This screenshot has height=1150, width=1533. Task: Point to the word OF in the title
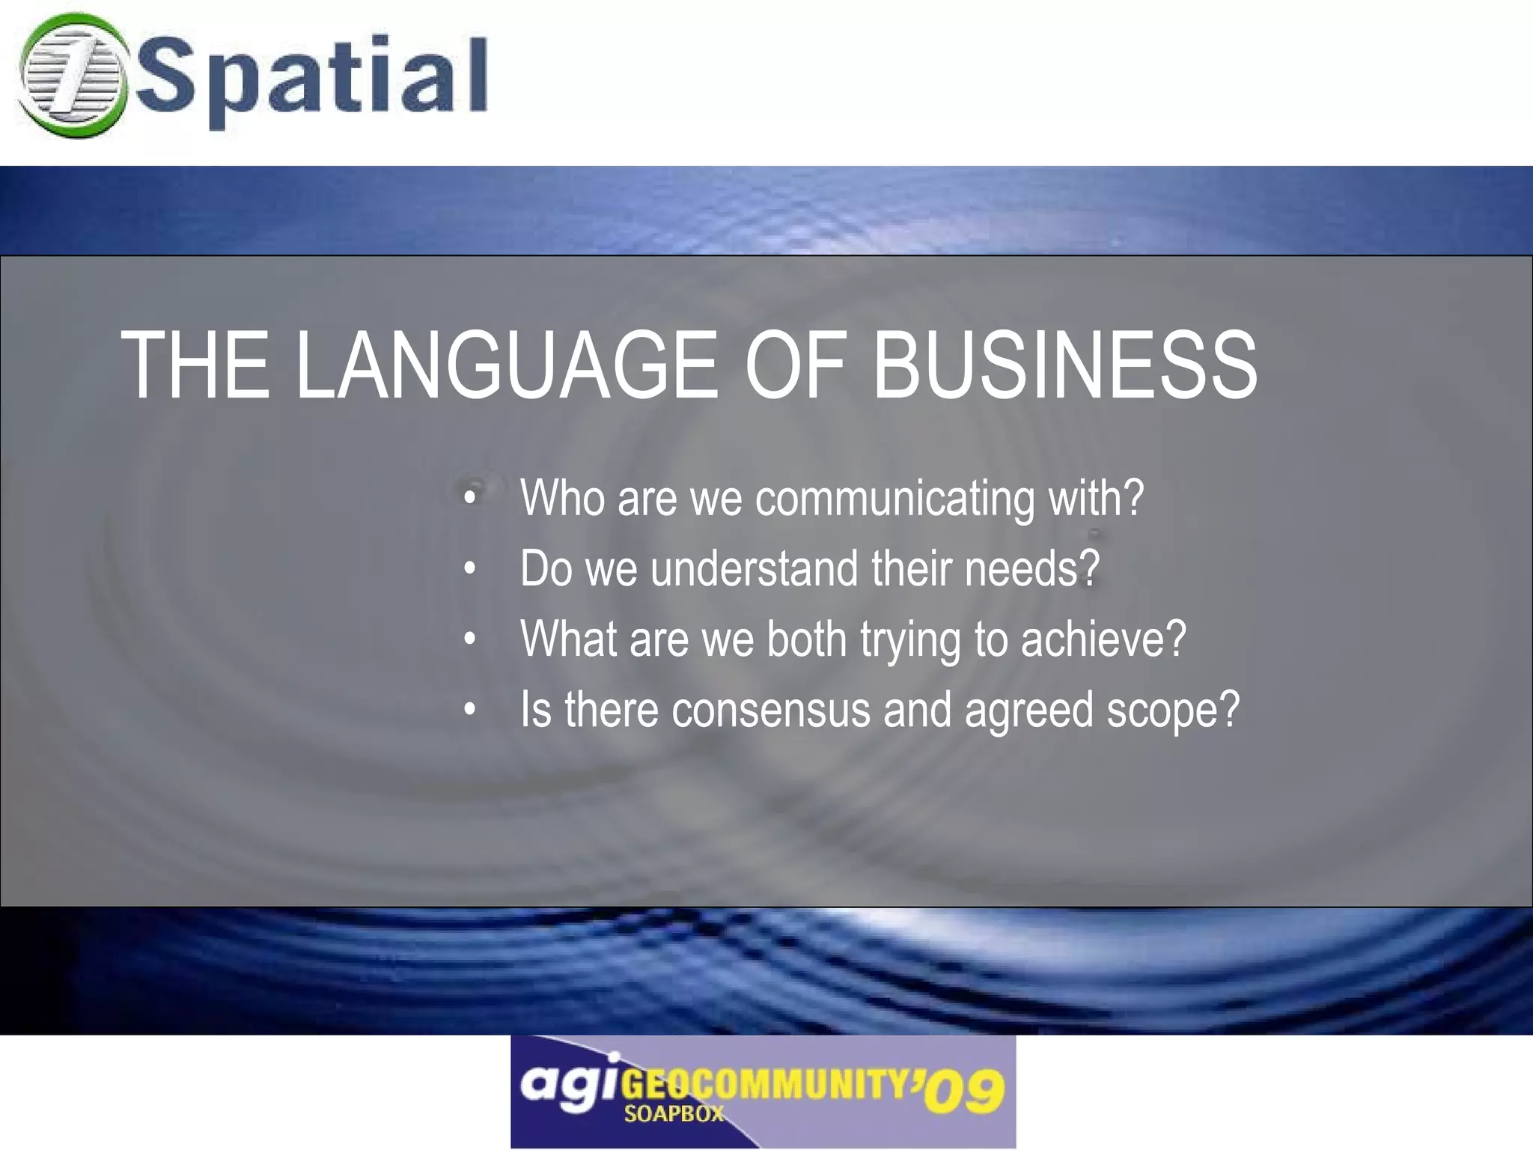point(795,366)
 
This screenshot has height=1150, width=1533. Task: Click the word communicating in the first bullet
point(894,499)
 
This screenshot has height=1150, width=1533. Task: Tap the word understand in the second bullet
point(754,569)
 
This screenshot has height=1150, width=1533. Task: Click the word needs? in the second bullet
point(1031,569)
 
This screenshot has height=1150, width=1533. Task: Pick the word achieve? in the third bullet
point(1103,639)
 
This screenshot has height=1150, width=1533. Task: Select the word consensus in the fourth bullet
point(770,710)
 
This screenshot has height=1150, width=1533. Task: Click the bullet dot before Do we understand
point(469,569)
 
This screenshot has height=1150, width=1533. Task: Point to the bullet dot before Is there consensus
point(469,709)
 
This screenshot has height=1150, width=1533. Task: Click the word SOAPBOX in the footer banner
point(674,1114)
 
